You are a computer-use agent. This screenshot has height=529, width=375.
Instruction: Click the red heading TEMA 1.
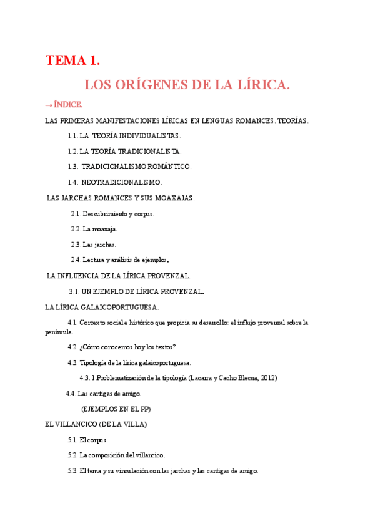pos(72,61)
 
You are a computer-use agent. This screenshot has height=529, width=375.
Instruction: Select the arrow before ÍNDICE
pos(49,104)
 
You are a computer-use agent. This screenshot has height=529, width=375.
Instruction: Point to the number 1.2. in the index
pos(73,151)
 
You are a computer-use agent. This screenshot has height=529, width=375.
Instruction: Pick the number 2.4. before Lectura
pos(76,260)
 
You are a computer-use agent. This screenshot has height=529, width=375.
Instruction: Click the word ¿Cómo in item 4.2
pos(90,347)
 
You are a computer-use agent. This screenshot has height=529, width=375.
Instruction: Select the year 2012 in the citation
pos(267,377)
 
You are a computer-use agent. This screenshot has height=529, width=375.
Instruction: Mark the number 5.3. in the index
pos(72,470)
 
